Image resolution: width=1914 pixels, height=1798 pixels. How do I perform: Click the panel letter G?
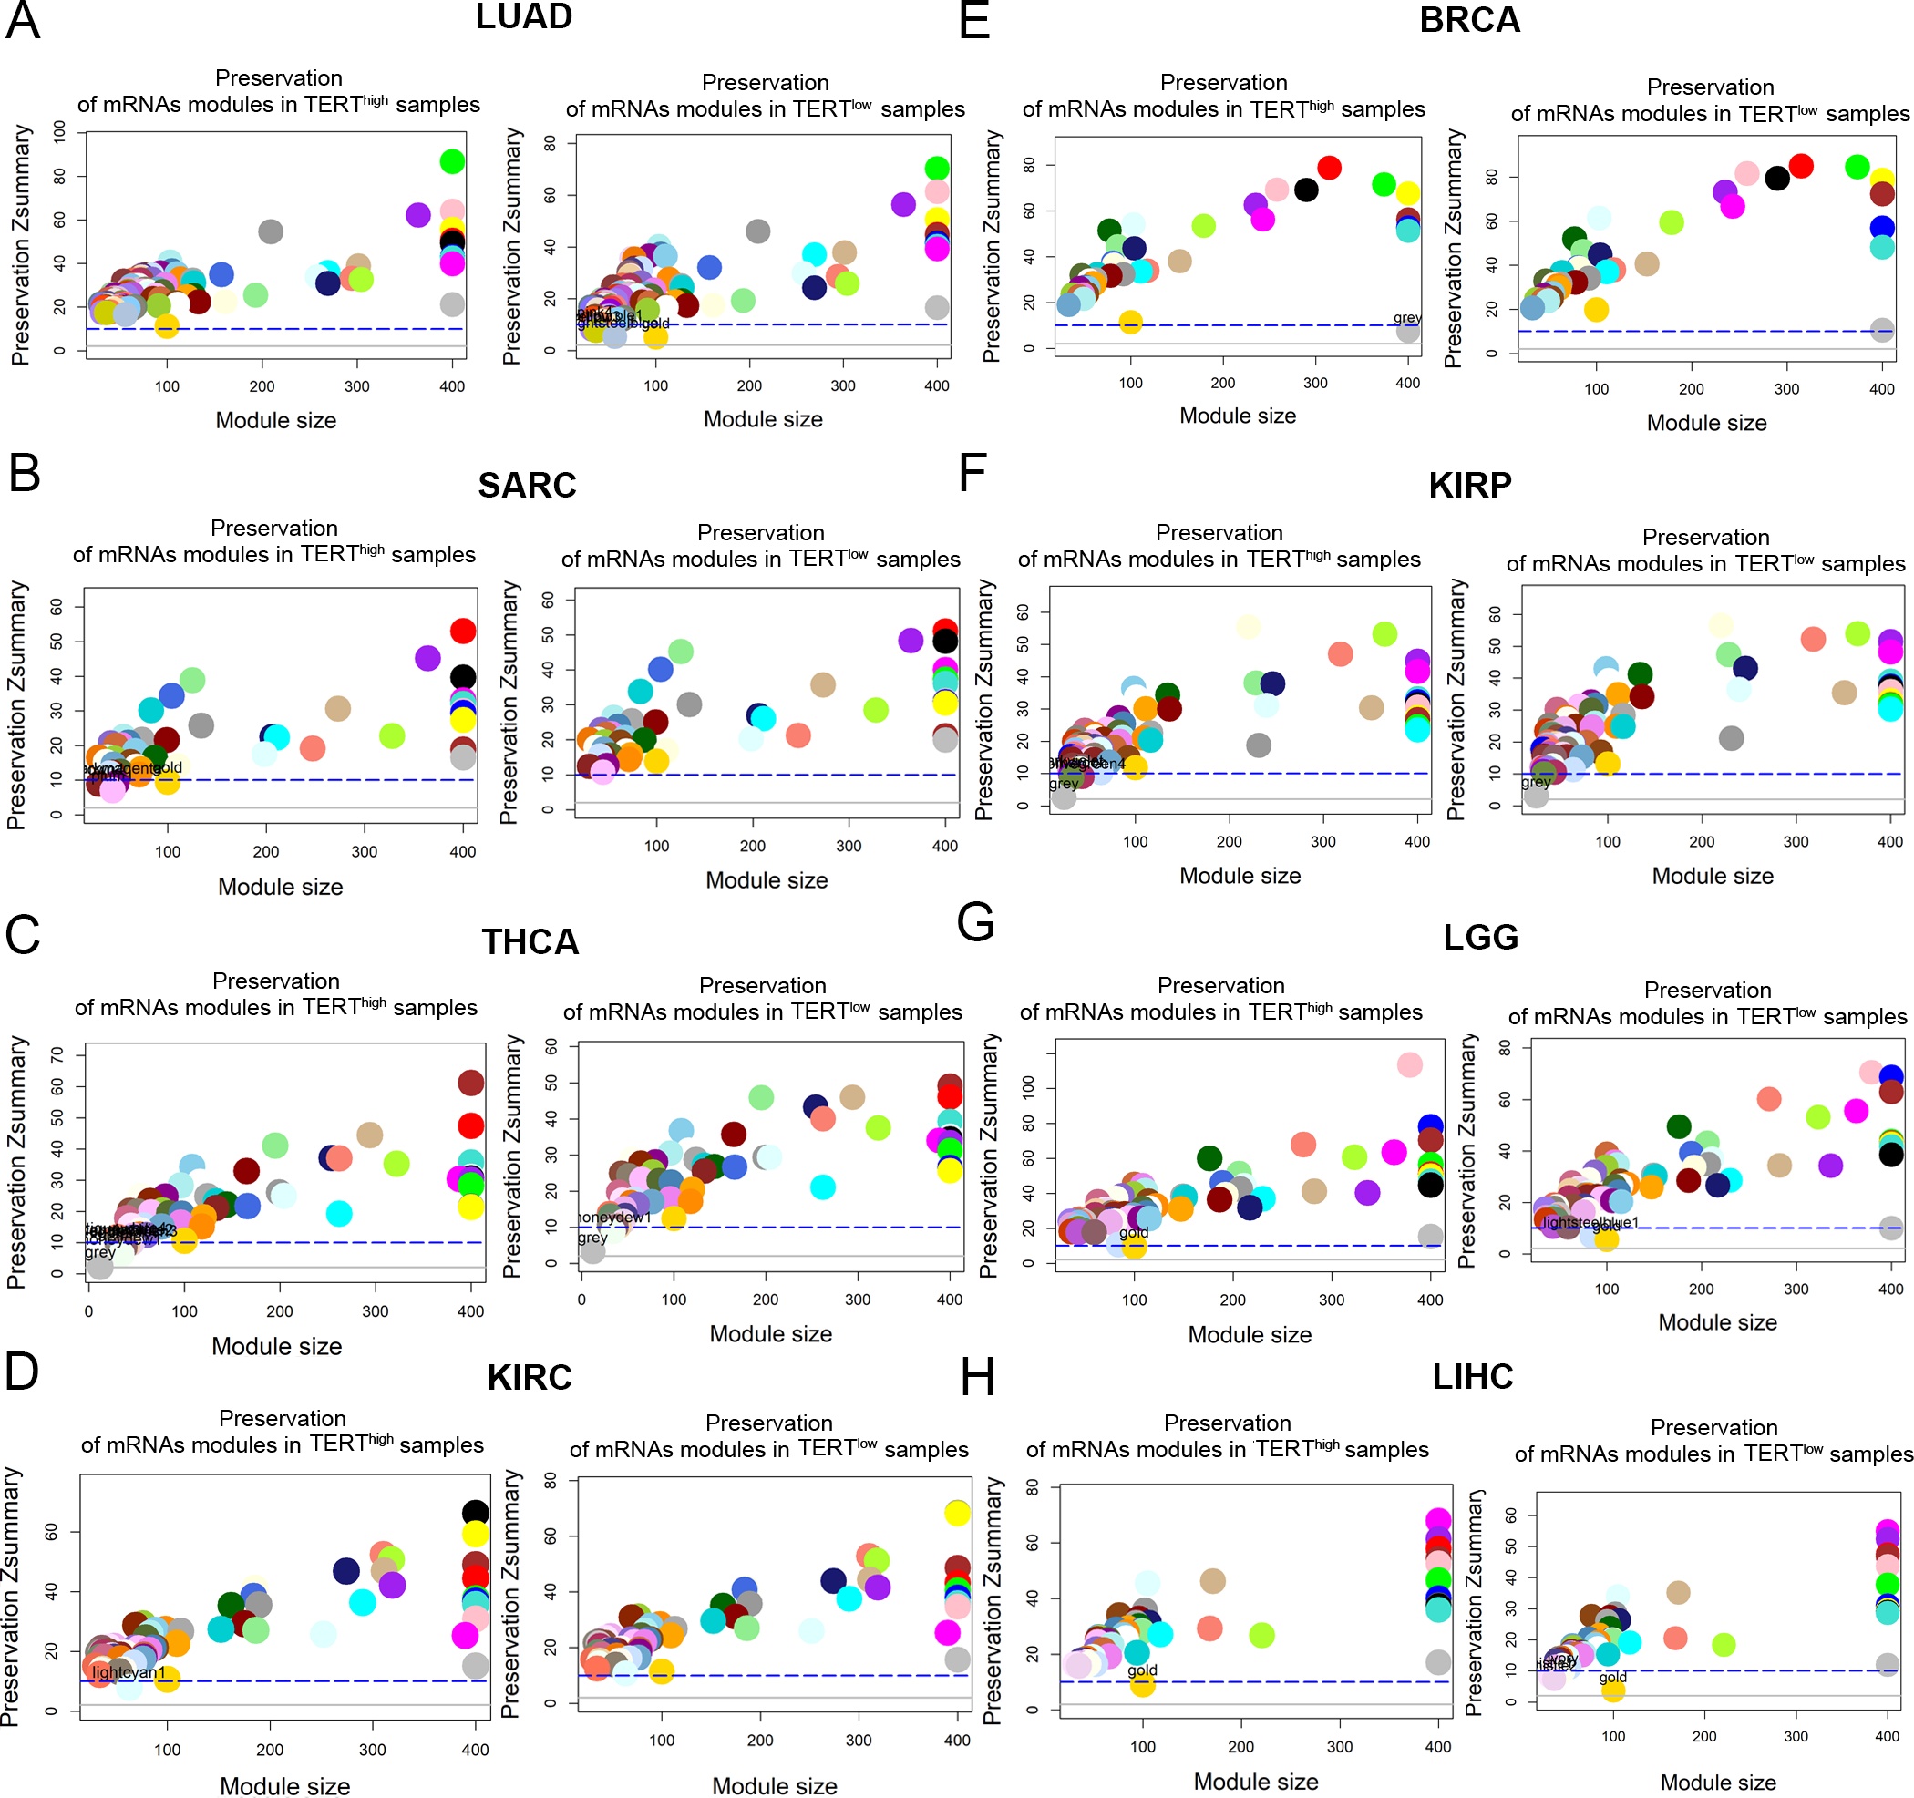[974, 922]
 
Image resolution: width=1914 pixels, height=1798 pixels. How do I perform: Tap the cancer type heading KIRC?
[529, 1377]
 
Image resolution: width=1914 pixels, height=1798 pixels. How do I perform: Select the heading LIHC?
[1472, 1376]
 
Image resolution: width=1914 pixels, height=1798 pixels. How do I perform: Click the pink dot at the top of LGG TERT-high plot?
[1409, 1064]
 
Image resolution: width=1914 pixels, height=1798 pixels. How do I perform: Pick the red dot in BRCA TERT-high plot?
[1329, 168]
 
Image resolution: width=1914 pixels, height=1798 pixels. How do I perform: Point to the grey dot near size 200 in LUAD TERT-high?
[271, 231]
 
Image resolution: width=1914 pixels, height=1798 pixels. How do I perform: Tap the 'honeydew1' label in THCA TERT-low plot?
[614, 1218]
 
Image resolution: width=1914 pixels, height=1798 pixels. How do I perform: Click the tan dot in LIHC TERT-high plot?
[1212, 1580]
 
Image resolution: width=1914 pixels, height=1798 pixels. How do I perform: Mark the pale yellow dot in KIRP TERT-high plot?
[1249, 627]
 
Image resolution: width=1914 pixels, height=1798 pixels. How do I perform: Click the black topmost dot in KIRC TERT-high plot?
[475, 1512]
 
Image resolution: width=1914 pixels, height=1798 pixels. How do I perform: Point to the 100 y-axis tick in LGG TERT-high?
[1029, 1088]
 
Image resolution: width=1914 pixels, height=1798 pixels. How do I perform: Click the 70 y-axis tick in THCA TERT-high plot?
[57, 1056]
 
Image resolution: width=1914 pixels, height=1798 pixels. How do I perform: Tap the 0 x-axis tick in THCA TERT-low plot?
[581, 1300]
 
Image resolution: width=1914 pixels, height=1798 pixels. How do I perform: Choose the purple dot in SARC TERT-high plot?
[427, 658]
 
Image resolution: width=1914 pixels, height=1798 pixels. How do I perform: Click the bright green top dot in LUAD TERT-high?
[451, 161]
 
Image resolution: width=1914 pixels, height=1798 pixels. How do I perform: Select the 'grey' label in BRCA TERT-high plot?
[1406, 318]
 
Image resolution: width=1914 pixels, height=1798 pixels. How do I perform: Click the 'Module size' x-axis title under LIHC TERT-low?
[1718, 1783]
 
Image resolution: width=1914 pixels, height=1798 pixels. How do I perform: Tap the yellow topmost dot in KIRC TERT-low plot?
[956, 1513]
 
